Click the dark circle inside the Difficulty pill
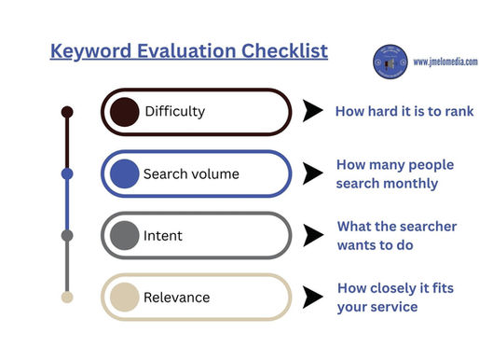click(124, 112)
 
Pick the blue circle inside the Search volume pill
click(124, 173)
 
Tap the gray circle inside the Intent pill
click(124, 236)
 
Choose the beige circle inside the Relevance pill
click(124, 298)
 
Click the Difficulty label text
click(174, 112)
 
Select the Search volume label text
click(190, 173)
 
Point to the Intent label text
click(163, 236)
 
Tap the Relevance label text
click(176, 298)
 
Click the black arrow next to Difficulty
click(314, 112)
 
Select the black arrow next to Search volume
click(314, 173)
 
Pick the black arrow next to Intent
click(314, 236)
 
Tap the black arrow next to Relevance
click(314, 298)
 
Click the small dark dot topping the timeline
click(67, 112)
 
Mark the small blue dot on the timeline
click(67, 173)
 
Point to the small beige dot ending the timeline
click(67, 298)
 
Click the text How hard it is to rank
click(404, 112)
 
